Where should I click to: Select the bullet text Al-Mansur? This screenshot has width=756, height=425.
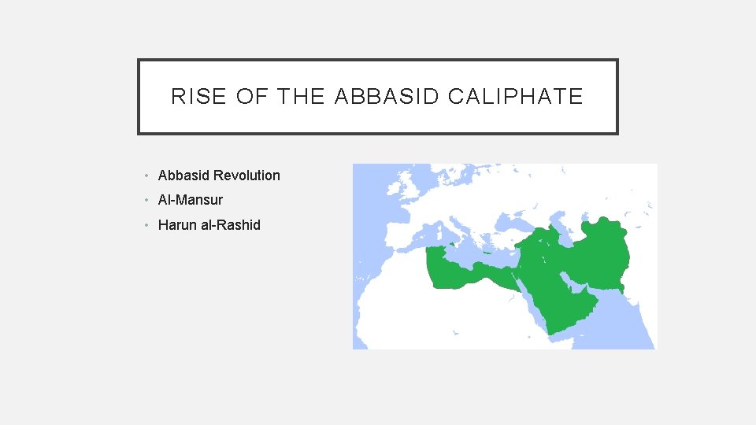pos(191,200)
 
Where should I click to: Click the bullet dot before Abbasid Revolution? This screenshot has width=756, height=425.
pos(147,176)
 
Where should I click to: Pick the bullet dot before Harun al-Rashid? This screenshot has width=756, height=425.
pos(147,225)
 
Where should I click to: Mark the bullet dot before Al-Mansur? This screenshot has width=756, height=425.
pos(147,200)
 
